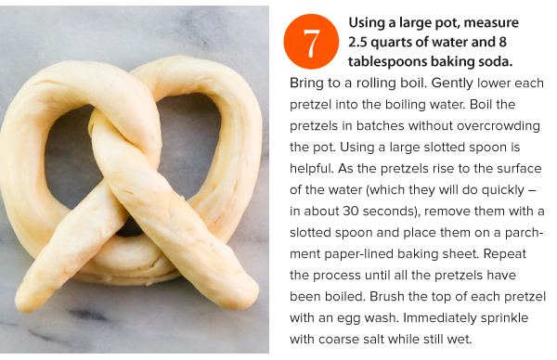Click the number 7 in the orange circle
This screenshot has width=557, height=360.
click(311, 43)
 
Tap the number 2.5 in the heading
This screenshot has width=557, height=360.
click(357, 43)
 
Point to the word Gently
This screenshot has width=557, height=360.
click(452, 84)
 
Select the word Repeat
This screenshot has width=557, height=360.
click(504, 254)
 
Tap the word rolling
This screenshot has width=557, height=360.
click(377, 84)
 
